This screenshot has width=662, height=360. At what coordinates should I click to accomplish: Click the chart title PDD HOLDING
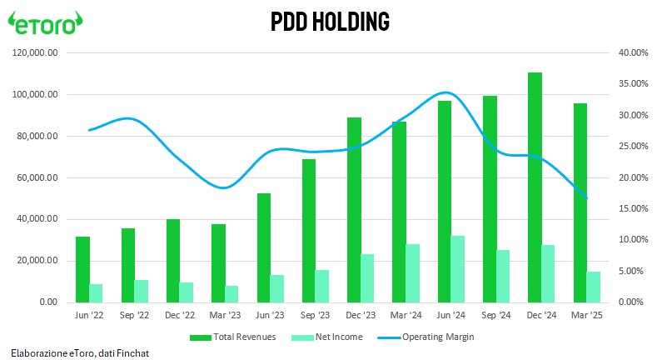(x=331, y=22)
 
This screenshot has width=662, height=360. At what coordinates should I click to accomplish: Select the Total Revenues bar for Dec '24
(x=535, y=187)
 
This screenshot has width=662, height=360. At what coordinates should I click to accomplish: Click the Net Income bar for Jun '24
(x=458, y=269)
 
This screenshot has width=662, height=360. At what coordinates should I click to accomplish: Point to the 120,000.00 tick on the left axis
(x=37, y=52)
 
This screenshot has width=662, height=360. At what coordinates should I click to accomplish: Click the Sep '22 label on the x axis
(x=135, y=316)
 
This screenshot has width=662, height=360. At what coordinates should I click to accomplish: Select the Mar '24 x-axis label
(x=406, y=316)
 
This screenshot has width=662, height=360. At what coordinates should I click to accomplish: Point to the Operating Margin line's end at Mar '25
(x=587, y=197)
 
